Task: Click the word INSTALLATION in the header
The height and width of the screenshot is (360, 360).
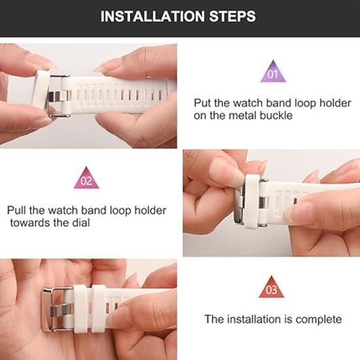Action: (x=152, y=16)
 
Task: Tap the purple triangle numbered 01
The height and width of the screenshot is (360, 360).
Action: (x=272, y=72)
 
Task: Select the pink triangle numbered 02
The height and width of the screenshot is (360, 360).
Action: (x=86, y=178)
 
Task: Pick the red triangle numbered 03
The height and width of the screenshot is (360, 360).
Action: (x=271, y=287)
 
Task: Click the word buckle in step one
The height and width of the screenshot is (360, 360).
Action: (x=276, y=115)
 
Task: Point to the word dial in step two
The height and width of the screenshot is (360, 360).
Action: (x=81, y=223)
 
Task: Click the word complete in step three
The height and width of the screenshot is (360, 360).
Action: (x=319, y=319)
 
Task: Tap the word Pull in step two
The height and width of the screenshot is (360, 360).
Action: (x=17, y=210)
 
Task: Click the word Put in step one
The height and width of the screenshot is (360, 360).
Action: (x=203, y=103)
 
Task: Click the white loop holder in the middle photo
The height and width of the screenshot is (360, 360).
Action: (x=252, y=201)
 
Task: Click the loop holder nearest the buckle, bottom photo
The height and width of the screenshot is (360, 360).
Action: (x=80, y=309)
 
